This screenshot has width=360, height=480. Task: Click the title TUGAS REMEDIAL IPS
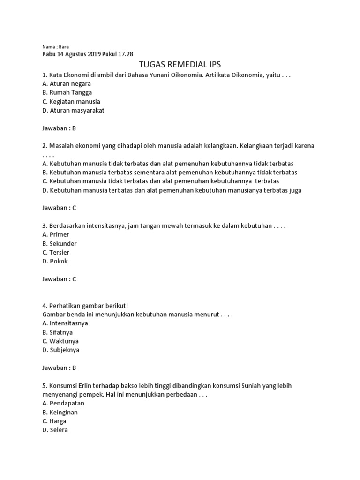(x=180, y=64)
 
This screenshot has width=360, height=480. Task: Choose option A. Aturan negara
(x=67, y=83)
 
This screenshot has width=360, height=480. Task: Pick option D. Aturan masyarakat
(x=73, y=110)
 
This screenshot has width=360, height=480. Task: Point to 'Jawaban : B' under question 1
(x=59, y=128)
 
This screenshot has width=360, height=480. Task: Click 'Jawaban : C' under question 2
(x=59, y=208)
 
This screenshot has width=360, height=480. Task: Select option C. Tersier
(x=56, y=252)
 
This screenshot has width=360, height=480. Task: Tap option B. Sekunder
(x=60, y=243)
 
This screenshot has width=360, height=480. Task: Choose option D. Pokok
(x=55, y=261)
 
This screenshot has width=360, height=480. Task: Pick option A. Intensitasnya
(x=65, y=323)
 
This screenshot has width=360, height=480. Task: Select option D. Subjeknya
(x=61, y=350)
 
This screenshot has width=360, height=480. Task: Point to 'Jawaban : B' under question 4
(x=59, y=367)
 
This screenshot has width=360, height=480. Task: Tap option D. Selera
(x=55, y=429)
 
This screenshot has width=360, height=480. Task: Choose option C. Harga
(x=54, y=421)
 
